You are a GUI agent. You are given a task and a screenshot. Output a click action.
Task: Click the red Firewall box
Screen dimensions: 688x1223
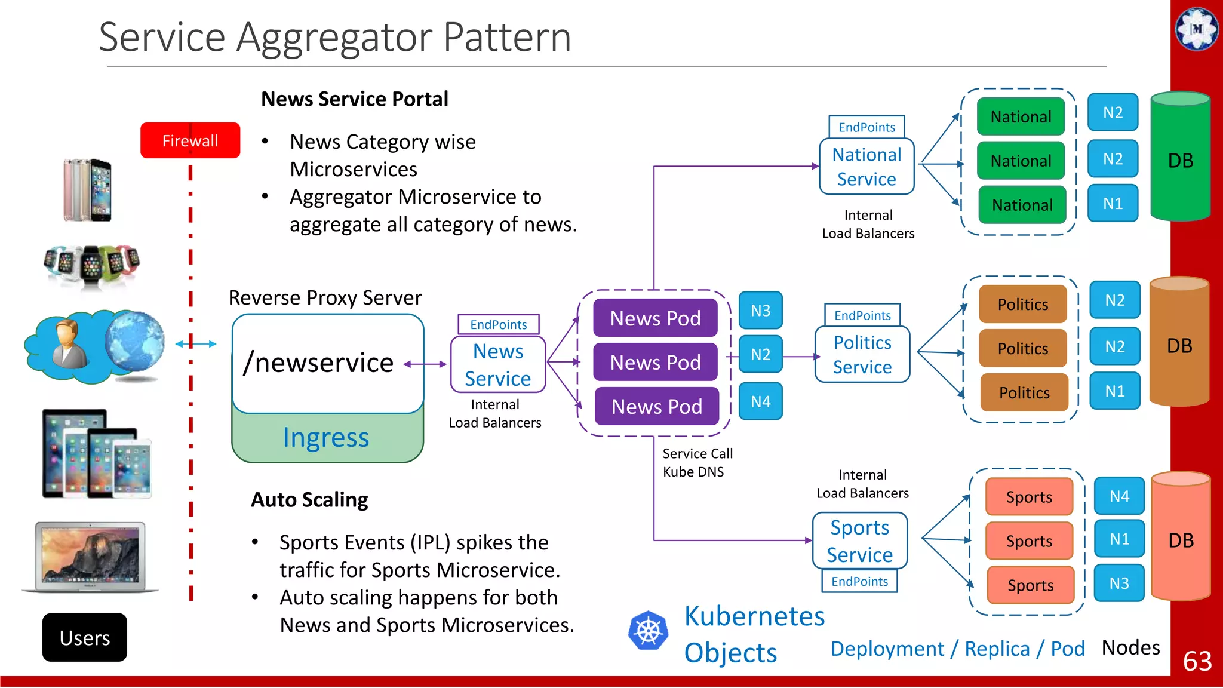point(190,140)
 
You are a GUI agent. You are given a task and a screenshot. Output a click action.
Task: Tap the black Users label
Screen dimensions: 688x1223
point(85,637)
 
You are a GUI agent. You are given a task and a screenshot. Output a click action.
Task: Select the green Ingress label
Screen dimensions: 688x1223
point(326,438)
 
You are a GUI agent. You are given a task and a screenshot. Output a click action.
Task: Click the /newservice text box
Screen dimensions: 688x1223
point(327,363)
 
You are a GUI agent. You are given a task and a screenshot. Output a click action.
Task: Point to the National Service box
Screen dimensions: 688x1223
point(866,167)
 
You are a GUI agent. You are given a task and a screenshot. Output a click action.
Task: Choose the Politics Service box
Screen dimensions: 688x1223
point(862,354)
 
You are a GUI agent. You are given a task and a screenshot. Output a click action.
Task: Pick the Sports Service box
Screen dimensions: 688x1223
point(860,540)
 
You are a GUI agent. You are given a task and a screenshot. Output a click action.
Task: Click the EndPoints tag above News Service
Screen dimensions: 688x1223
point(498,324)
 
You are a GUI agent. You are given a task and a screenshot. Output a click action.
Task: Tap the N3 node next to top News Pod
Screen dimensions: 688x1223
point(760,311)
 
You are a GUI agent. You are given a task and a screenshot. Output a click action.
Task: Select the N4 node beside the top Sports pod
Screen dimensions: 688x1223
point(1119,496)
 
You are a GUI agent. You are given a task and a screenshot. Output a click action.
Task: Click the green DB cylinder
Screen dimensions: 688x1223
point(1180,158)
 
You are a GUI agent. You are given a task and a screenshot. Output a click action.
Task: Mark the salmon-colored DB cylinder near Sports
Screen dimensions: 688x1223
point(1181,537)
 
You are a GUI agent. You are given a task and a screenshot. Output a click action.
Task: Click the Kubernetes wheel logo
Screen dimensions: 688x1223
point(648,631)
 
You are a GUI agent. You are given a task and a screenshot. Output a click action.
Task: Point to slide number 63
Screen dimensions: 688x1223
point(1197,661)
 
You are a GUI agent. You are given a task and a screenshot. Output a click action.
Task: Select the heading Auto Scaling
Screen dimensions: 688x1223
point(309,499)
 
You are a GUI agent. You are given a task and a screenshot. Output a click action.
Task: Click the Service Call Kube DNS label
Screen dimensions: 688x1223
point(697,462)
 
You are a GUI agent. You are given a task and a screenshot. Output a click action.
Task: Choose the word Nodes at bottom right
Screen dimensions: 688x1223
point(1130,647)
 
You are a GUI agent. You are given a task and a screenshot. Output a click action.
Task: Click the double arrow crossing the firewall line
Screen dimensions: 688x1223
point(196,343)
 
